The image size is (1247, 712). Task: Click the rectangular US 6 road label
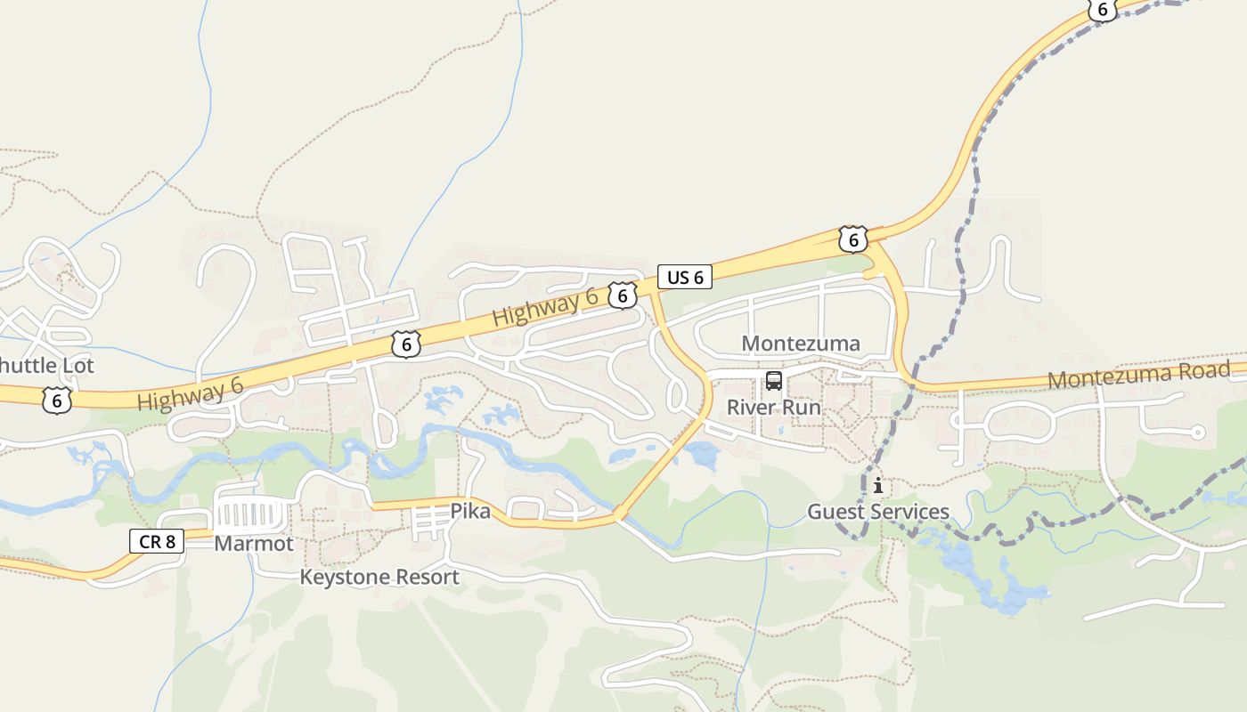point(685,277)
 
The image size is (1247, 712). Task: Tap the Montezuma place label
point(801,344)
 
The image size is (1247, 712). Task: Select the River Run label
point(774,407)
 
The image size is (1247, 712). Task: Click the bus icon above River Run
point(774,381)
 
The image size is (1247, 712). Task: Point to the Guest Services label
point(878,512)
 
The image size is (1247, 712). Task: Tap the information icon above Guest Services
point(878,485)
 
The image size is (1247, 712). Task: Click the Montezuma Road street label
point(1138,375)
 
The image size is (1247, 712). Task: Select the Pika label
point(470,512)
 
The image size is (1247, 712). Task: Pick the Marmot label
point(254,543)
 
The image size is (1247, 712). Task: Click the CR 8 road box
point(157,540)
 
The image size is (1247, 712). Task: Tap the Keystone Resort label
point(379,577)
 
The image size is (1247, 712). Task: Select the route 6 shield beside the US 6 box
point(623,295)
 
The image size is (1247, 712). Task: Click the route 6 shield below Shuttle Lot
point(56,400)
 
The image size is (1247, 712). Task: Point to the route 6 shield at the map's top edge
point(1102,9)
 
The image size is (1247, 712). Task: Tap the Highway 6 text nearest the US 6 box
point(544,308)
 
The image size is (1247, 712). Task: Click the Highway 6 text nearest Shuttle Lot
point(190,392)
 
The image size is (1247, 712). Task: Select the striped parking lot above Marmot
point(251,514)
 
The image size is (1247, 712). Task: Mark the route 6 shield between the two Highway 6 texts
point(405,344)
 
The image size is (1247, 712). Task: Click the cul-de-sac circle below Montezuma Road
point(1198,433)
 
